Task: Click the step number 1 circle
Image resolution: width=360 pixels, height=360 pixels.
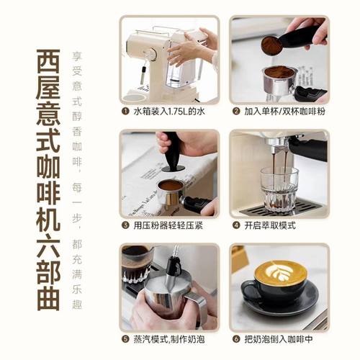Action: pyautogui.click(x=125, y=112)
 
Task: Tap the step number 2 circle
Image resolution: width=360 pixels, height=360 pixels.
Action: pyautogui.click(x=235, y=112)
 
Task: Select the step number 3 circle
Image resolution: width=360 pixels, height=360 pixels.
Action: pyautogui.click(x=125, y=225)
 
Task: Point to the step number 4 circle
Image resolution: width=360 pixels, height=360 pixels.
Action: pyautogui.click(x=235, y=225)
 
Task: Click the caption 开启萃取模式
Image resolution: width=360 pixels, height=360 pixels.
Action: pyautogui.click(x=268, y=225)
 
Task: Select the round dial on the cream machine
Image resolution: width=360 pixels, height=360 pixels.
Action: pyautogui.click(x=150, y=53)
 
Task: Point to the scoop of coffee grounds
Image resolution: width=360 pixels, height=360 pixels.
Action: pyautogui.click(x=271, y=45)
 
